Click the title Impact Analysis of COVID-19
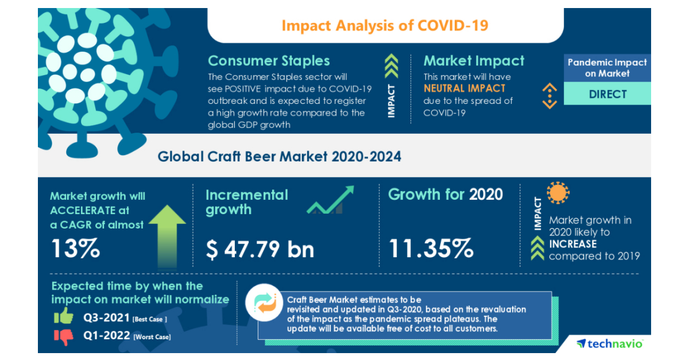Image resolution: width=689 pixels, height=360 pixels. click(385, 26)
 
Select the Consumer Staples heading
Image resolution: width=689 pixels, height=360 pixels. click(269, 61)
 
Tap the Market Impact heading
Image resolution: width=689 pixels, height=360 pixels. click(474, 61)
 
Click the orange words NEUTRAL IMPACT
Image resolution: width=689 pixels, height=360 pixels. click(465, 88)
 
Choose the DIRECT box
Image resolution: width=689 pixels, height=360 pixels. click(607, 94)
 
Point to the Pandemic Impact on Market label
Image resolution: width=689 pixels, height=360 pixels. click(607, 68)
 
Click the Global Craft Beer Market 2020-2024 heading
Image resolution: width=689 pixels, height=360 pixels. click(279, 156)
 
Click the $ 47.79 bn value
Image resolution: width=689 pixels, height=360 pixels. click(260, 249)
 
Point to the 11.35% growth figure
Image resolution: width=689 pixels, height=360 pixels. click(431, 249)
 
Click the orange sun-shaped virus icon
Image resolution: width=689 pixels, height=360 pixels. click(558, 193)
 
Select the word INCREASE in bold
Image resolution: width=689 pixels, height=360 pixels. click(572, 244)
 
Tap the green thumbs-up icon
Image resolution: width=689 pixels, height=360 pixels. click(63, 316)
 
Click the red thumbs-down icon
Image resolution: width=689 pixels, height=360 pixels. click(63, 336)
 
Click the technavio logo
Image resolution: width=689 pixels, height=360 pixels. click(610, 343)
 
